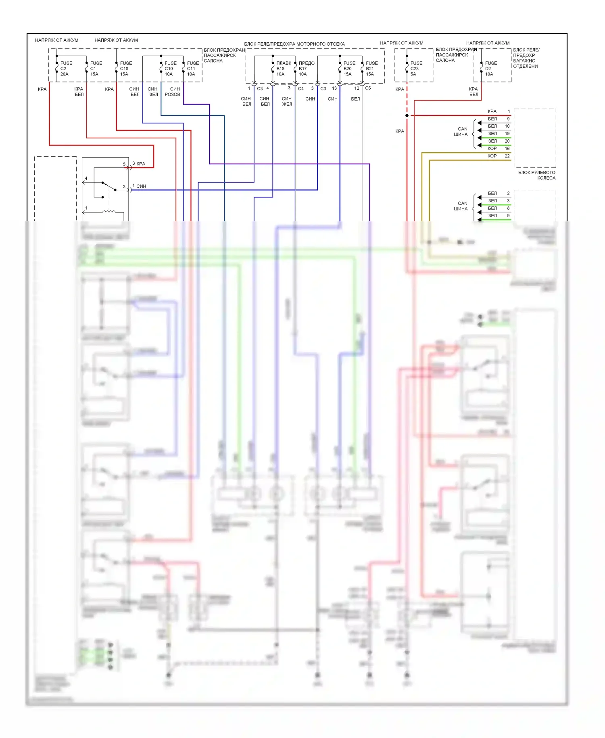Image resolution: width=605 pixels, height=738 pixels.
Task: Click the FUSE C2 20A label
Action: (66, 69)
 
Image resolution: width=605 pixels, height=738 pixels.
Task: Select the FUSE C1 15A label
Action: (96, 69)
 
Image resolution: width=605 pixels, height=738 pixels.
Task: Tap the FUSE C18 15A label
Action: (126, 69)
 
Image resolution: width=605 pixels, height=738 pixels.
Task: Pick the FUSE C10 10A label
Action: (170, 69)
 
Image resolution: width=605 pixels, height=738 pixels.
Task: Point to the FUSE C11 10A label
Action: (193, 69)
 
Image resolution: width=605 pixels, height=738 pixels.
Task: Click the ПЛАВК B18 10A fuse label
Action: (283, 69)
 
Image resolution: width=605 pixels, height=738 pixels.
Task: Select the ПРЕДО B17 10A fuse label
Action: (306, 69)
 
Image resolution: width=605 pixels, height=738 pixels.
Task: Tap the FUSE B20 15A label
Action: (349, 69)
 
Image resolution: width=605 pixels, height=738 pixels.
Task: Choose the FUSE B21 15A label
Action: (371, 69)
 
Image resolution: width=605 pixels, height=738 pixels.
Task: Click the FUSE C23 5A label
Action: (416, 69)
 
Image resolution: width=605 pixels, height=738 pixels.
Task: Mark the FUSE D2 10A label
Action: (491, 69)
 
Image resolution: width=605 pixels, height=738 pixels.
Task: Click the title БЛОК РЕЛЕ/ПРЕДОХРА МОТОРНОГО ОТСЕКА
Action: (294, 44)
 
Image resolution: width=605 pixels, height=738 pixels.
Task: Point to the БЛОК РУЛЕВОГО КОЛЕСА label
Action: (537, 175)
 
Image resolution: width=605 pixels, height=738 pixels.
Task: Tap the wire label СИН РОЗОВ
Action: (173, 92)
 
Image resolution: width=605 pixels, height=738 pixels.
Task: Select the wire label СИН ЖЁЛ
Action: (287, 101)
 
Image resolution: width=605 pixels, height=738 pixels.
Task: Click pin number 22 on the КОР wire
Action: (507, 156)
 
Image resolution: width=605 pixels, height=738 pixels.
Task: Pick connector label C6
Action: (368, 88)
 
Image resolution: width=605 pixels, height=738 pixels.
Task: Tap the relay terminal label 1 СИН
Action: (140, 186)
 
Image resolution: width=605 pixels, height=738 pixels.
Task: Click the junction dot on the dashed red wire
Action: (407, 115)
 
